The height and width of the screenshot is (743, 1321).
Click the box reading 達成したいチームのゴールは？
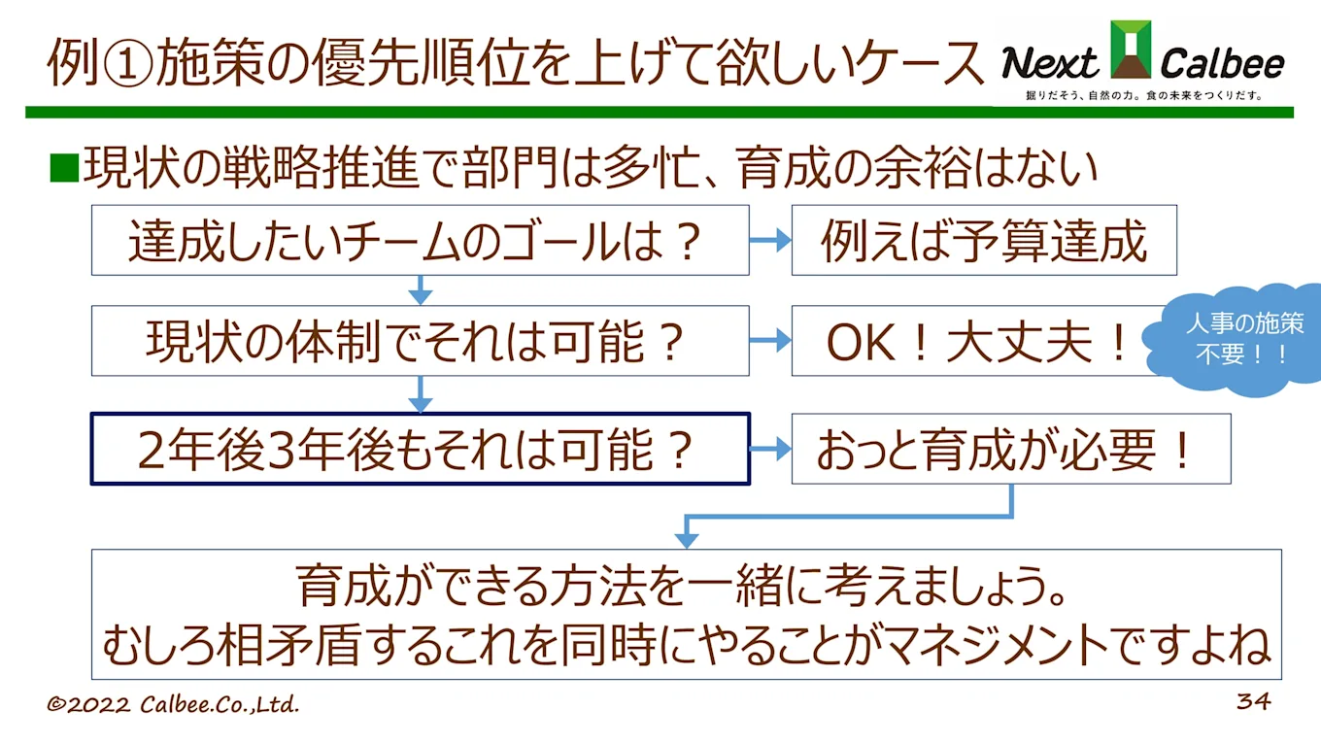coord(420,240)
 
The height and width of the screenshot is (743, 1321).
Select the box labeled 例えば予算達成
coord(983,240)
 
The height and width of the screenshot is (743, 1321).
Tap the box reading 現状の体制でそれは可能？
coord(420,341)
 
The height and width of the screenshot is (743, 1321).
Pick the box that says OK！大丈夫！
coord(976,341)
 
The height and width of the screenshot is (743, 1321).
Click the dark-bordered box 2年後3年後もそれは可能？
coord(420,449)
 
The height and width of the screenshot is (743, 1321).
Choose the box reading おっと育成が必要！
coord(1010,449)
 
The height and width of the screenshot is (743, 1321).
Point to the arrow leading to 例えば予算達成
coord(770,241)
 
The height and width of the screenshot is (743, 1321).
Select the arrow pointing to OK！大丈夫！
coord(770,341)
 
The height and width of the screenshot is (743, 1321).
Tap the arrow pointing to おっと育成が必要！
coord(770,449)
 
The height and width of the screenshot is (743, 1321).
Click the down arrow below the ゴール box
coord(420,289)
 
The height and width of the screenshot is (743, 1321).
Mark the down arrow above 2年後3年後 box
coord(420,393)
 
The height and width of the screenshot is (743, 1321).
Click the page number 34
coord(1253,701)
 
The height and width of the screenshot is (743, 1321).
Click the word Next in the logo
coord(1049,64)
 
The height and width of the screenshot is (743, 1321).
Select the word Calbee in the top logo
coord(1222,64)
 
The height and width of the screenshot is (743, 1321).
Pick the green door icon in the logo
coord(1131,49)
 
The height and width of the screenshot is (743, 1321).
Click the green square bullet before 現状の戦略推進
coord(63,168)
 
